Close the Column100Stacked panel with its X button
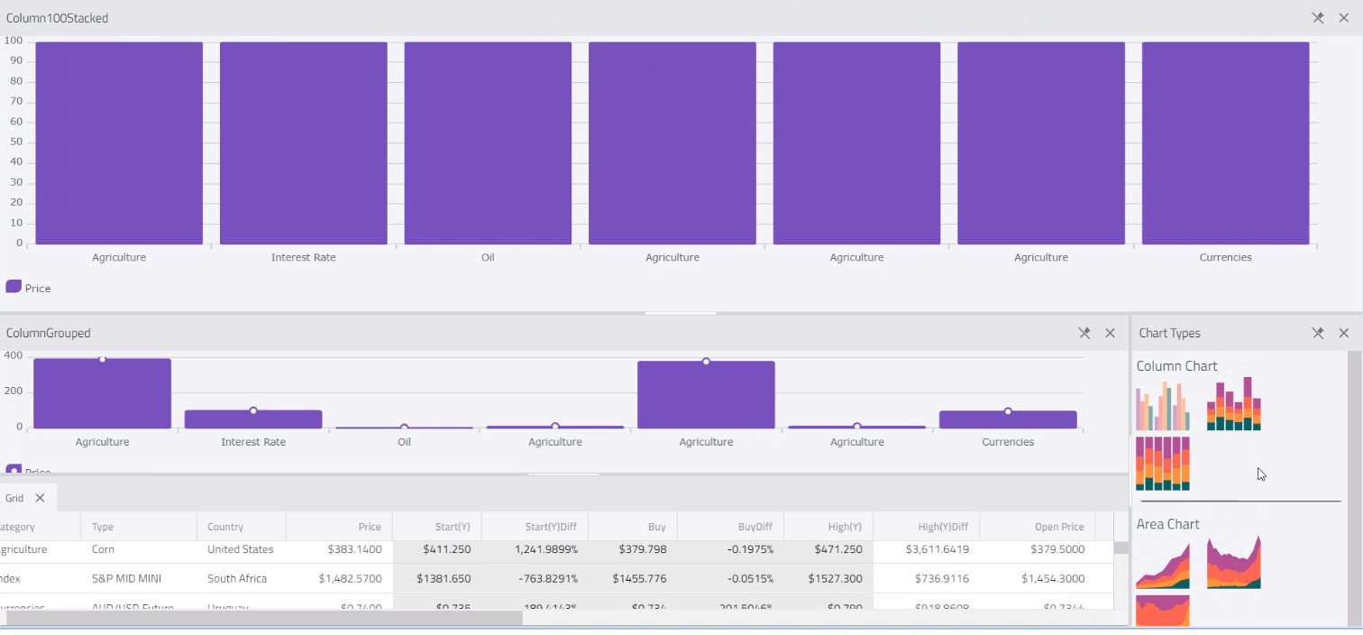pos(1343,18)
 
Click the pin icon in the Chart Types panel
pos(1317,333)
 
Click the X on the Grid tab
pos(40,498)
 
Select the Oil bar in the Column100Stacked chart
pos(488,143)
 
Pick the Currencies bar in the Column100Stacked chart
pos(1225,143)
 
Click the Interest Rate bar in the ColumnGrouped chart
pos(253,419)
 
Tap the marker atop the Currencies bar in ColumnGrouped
pos(1008,411)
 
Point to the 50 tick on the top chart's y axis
pos(17,143)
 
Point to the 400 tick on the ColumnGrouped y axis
pos(13,355)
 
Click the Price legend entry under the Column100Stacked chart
pos(29,288)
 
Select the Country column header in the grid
pos(225,527)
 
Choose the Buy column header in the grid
pos(656,527)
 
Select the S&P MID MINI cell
pos(126,578)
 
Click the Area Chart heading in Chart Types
pos(1167,524)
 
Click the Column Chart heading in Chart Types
pos(1176,366)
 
